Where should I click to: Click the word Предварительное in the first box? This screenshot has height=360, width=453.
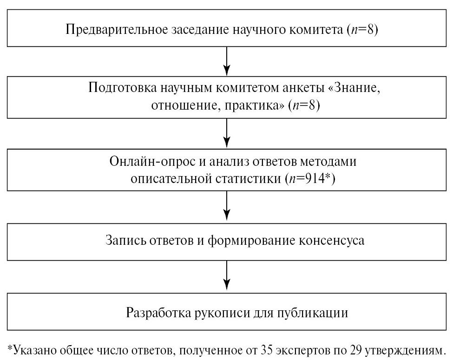[x=117, y=29]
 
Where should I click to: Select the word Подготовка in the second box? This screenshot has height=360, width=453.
[x=122, y=87]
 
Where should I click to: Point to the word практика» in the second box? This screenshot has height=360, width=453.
[x=255, y=105]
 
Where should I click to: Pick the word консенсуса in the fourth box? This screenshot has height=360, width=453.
[x=331, y=240]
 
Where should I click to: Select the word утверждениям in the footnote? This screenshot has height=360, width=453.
[x=404, y=351]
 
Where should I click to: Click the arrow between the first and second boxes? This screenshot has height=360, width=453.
[x=227, y=61]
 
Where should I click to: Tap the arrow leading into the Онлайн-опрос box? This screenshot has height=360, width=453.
[x=227, y=133]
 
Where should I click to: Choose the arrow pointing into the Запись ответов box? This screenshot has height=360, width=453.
[x=227, y=207]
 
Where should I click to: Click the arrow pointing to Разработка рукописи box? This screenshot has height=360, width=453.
[x=227, y=277]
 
